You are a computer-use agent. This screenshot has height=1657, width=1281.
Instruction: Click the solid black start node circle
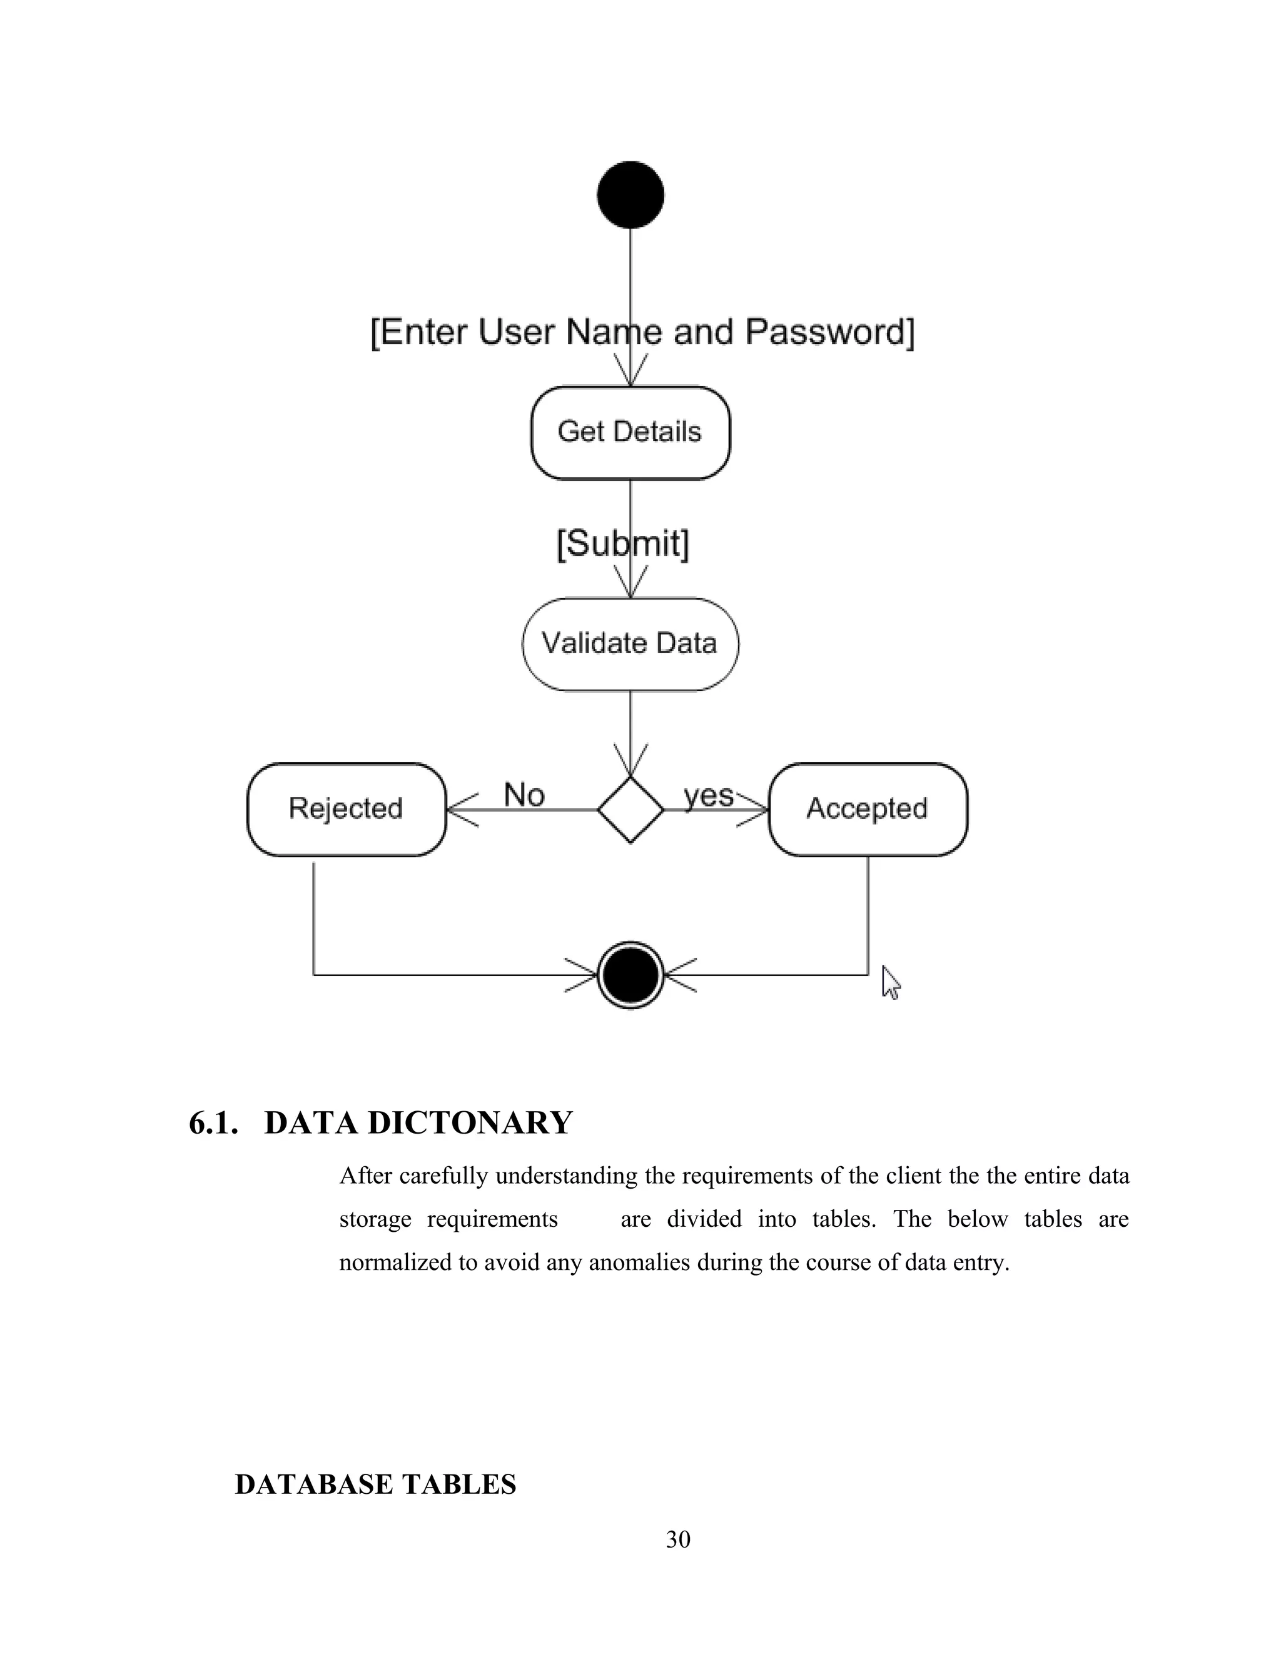pos(630,195)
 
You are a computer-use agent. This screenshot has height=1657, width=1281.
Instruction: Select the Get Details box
pos(630,433)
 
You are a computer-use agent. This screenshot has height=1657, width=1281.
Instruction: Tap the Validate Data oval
pos(630,643)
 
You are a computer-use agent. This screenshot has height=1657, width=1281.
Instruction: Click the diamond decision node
pos(630,810)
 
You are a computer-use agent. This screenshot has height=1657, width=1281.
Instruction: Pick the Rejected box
pos(346,808)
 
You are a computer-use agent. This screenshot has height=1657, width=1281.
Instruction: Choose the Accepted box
pos(868,808)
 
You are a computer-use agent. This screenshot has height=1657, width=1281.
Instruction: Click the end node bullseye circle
pos(630,975)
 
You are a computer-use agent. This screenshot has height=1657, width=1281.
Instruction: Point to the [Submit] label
pos(622,544)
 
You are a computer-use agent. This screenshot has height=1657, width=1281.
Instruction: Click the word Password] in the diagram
pos(829,332)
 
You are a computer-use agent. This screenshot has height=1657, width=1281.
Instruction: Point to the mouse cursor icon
pos(890,982)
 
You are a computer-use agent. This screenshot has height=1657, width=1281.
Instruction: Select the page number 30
pos(677,1539)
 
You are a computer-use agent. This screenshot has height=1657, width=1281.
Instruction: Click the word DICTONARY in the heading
pos(470,1123)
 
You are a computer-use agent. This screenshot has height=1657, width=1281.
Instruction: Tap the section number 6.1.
pos(213,1123)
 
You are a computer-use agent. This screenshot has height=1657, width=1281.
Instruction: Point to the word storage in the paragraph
pos(375,1219)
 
